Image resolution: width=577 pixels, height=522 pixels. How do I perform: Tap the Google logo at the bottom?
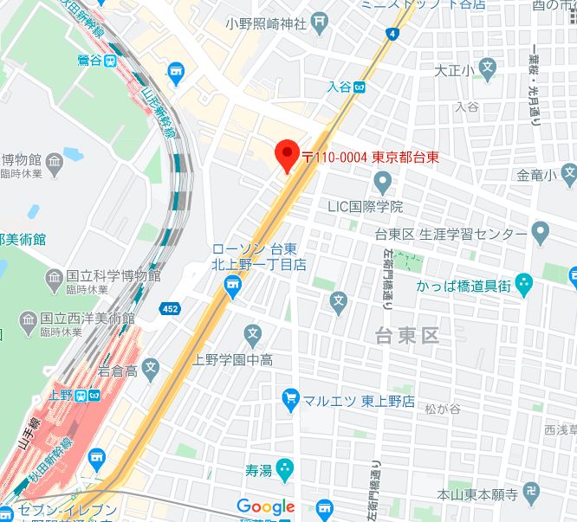[x=266, y=507]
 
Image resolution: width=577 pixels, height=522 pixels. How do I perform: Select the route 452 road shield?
[x=171, y=308]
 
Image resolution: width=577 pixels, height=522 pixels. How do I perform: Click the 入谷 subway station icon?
[x=360, y=87]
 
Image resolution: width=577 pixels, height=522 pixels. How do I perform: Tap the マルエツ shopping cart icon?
[x=291, y=398]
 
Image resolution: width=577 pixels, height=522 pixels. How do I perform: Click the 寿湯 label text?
[x=259, y=471]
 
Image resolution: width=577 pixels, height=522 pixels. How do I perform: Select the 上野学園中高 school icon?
[x=252, y=333]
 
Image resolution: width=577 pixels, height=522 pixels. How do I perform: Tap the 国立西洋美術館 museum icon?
[x=28, y=319]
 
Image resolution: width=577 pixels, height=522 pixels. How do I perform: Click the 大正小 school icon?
[x=489, y=67]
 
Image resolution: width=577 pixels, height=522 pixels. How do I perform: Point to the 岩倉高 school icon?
[x=150, y=371]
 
